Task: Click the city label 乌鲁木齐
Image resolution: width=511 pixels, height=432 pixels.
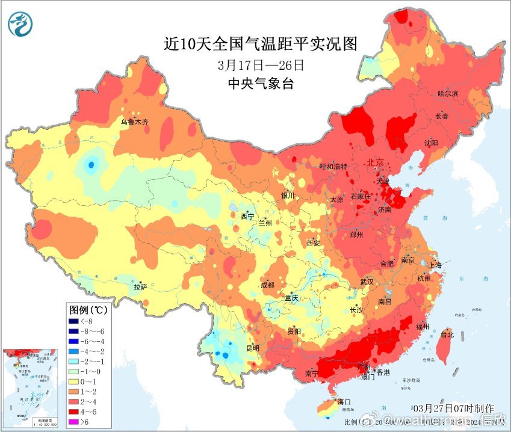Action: [x=134, y=122]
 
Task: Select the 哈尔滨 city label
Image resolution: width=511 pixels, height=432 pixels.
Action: [x=448, y=94]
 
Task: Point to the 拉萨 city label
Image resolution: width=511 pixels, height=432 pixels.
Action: [x=140, y=288]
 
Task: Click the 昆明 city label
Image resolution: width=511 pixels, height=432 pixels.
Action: [x=252, y=348]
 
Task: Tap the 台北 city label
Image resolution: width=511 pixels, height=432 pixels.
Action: [x=447, y=334]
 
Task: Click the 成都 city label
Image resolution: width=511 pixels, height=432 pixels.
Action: [x=267, y=285]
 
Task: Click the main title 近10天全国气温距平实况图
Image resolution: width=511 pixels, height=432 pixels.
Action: [x=261, y=45]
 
